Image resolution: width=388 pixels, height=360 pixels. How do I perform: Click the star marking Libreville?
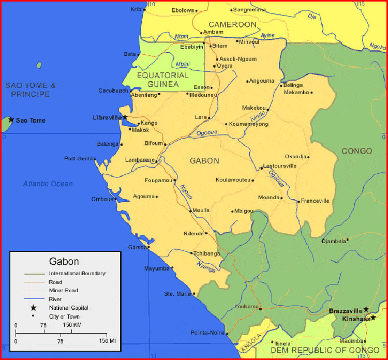point(125,117)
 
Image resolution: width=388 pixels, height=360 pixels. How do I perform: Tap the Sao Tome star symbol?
point(11,120)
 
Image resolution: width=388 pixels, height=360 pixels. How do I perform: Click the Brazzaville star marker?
point(366,309)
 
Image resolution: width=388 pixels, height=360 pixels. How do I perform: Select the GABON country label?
point(204,161)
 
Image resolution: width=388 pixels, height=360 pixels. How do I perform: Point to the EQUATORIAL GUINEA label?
point(162,79)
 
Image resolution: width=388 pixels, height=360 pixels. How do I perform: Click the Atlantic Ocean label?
point(48,184)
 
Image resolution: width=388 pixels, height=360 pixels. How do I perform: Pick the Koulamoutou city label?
point(233,180)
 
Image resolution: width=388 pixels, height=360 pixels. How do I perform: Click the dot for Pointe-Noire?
point(227,334)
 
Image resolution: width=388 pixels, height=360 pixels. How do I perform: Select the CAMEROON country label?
point(232,24)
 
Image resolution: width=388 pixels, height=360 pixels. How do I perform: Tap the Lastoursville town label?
point(280,166)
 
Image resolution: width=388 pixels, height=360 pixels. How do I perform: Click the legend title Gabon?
point(64,261)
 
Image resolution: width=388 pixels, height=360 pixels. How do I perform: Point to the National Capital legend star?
point(33,308)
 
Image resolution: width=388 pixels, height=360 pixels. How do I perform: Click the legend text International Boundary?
point(77,273)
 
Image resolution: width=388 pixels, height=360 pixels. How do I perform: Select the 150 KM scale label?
point(73,325)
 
